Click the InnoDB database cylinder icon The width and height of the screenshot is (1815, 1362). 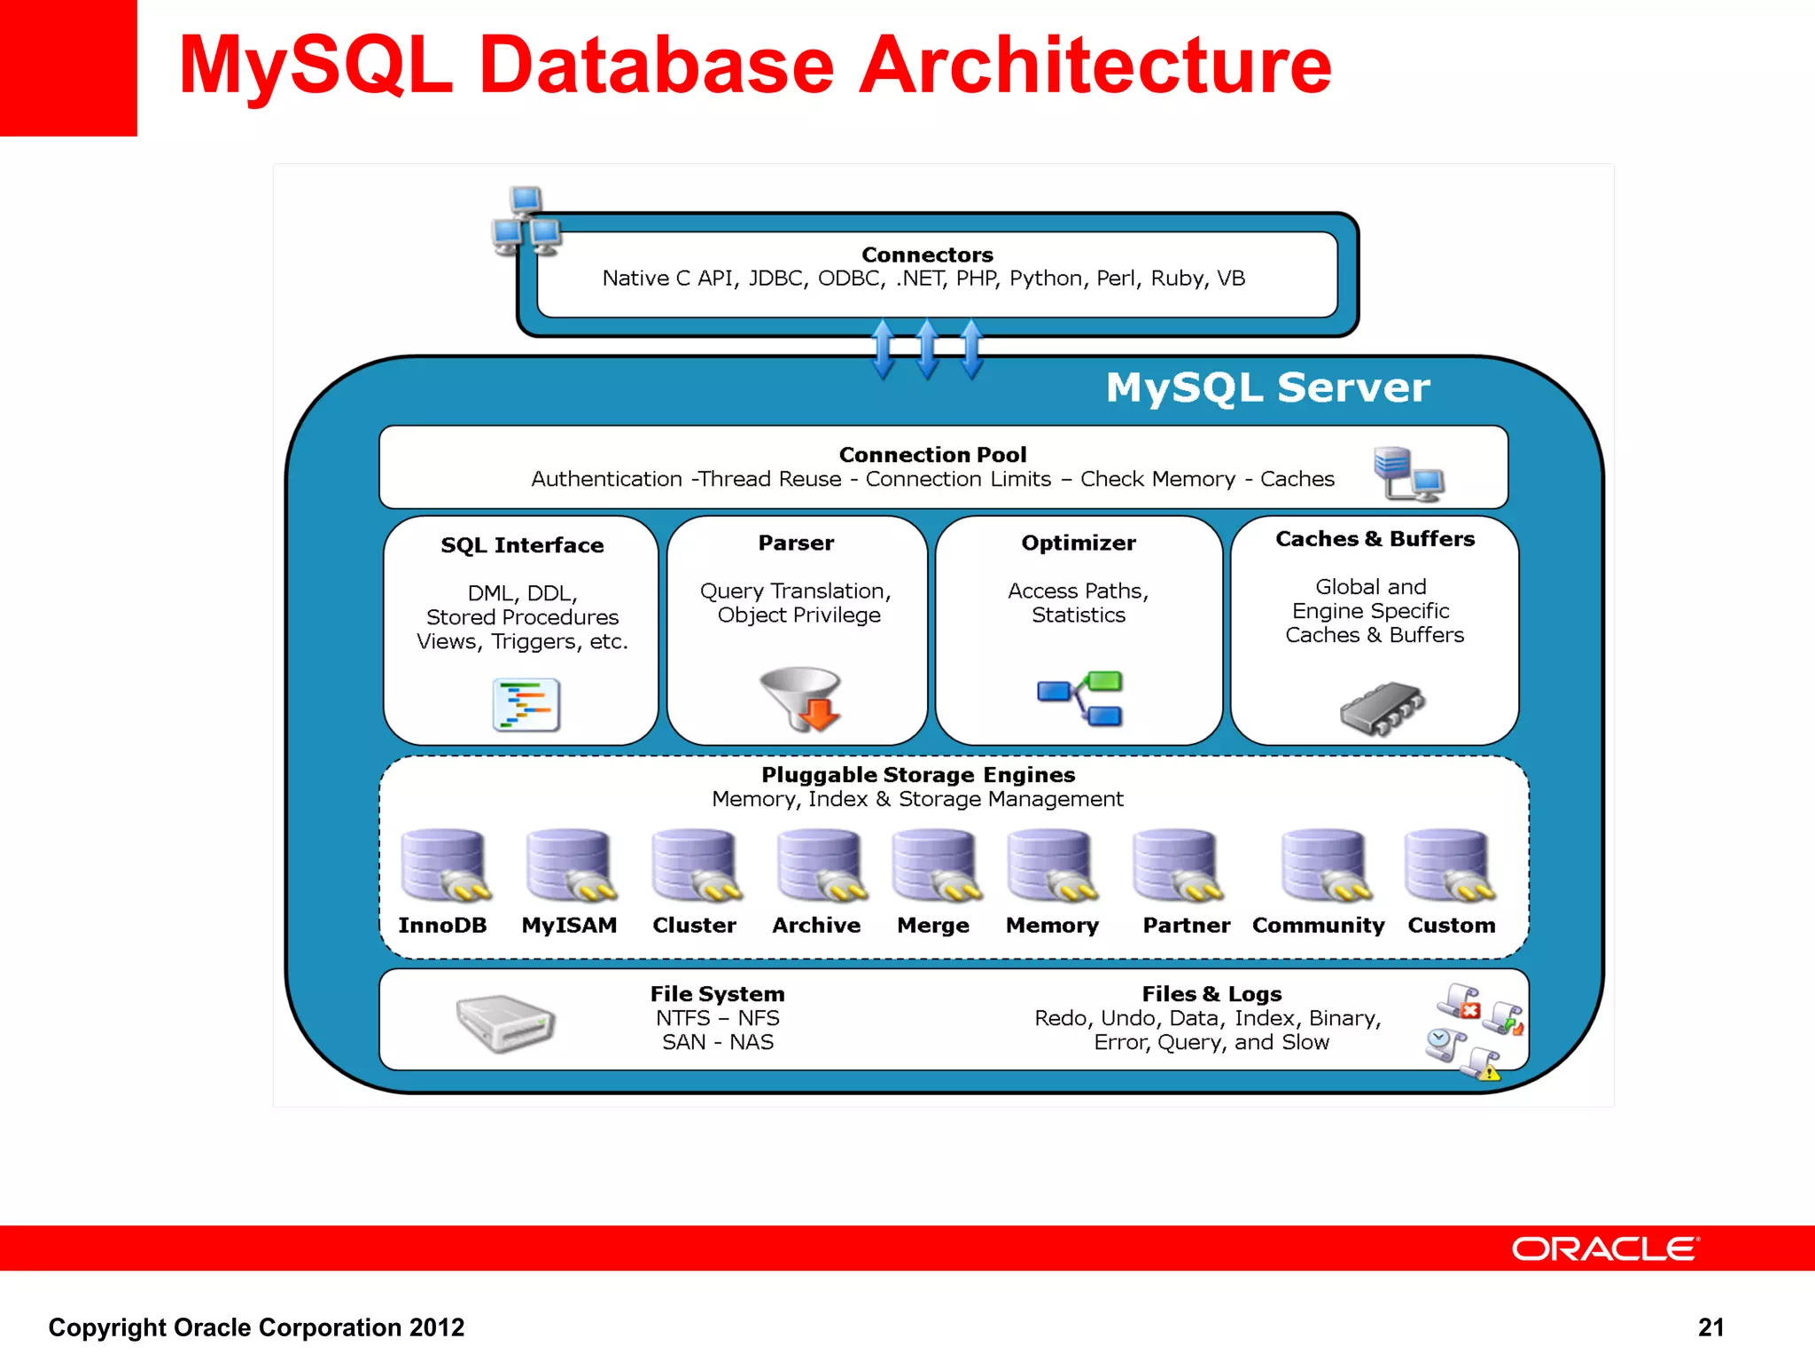point(443,865)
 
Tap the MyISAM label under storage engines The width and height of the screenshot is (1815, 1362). point(569,925)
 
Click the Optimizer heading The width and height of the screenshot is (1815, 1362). point(1078,543)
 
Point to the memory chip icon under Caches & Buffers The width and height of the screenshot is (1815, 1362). point(1382,708)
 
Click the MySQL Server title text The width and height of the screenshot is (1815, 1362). point(1267,387)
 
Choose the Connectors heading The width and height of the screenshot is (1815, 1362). point(927,254)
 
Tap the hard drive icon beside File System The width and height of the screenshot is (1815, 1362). point(505,1022)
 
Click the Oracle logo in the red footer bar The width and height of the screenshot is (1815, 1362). point(1604,1248)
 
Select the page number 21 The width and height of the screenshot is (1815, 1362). point(1710,1327)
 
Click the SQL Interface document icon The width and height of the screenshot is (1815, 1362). point(526,705)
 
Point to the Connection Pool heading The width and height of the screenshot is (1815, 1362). point(932,455)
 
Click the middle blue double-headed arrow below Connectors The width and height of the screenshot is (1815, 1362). point(927,349)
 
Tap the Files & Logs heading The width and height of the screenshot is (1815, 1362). point(1211,994)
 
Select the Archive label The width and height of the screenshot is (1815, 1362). point(816,925)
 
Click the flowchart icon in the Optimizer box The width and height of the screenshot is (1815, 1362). point(1081,699)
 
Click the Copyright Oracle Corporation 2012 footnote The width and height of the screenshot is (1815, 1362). point(256,1327)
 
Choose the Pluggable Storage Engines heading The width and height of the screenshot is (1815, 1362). point(918,774)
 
